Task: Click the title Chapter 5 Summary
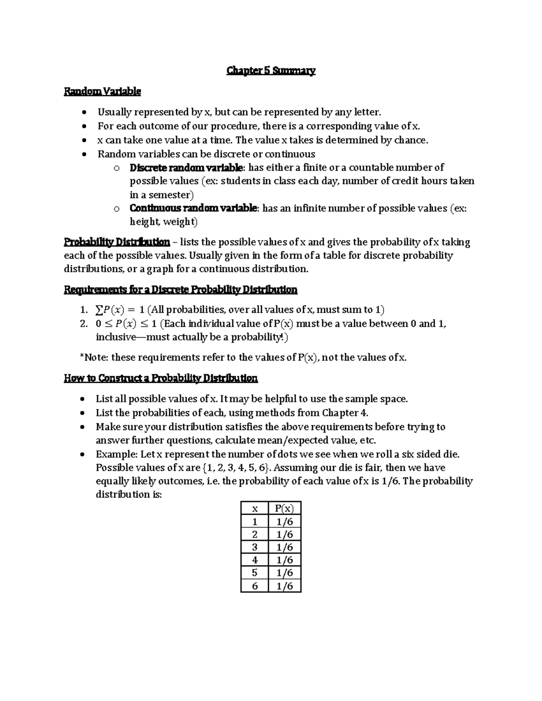271,71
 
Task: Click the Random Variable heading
103,92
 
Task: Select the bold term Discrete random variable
186,168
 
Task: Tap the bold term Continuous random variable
193,209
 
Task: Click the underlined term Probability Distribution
117,242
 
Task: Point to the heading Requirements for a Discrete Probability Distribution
181,290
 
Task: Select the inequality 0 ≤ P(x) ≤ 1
127,324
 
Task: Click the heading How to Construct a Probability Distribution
161,378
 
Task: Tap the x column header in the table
255,509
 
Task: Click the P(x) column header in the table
285,509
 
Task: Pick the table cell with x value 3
255,547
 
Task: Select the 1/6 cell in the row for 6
285,586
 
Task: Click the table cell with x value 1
255,522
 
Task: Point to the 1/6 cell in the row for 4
285,560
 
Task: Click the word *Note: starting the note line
94,358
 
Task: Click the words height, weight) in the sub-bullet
164,222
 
